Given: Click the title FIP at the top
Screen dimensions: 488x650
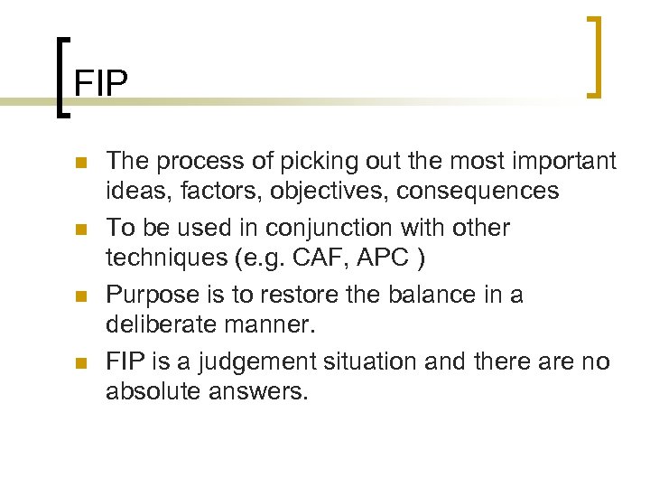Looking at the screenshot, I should pos(101,83).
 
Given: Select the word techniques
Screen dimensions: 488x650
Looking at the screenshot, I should pos(166,258).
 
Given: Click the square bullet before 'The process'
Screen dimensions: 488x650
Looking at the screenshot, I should pos(80,164).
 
